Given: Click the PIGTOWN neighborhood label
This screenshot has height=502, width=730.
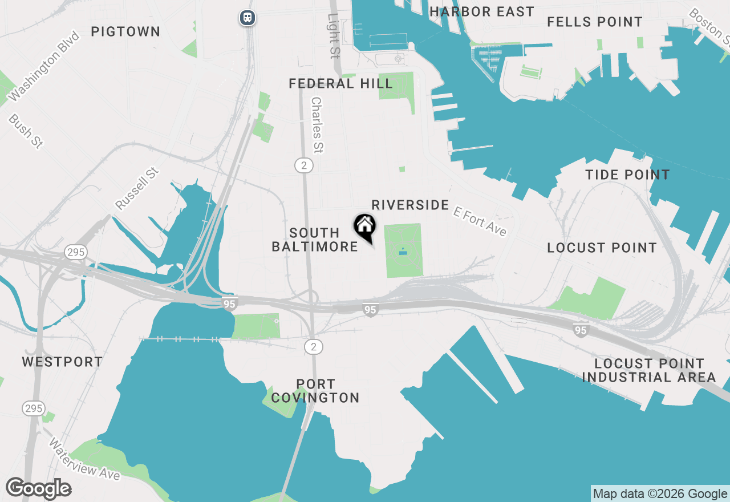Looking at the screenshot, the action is click(125, 31).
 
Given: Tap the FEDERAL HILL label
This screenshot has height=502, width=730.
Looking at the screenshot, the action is click(340, 84).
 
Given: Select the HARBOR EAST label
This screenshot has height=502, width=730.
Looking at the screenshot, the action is click(482, 11).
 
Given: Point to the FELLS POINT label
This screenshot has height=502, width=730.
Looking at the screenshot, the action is click(595, 22).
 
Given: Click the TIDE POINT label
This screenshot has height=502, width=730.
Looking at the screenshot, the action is click(627, 175).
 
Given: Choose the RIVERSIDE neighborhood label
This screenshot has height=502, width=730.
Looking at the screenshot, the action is click(410, 205).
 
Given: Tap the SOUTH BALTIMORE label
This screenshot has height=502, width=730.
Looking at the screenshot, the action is click(315, 240).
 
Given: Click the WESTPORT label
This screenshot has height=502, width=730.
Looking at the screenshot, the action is click(62, 362).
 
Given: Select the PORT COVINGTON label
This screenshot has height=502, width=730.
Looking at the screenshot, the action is click(315, 391).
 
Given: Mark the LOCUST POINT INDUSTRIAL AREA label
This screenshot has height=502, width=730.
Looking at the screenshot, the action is click(649, 370).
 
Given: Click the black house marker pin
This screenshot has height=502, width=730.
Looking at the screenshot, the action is click(364, 227).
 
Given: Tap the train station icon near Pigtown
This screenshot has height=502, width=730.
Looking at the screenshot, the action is click(247, 18).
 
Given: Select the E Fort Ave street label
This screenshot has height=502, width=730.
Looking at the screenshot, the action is click(480, 221).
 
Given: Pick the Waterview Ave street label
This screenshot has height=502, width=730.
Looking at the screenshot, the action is click(84, 459).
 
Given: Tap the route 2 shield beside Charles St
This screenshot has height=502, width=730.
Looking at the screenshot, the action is click(305, 165).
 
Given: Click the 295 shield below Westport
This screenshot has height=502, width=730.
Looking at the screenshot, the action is click(34, 408).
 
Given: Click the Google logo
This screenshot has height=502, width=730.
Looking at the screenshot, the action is click(38, 489).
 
